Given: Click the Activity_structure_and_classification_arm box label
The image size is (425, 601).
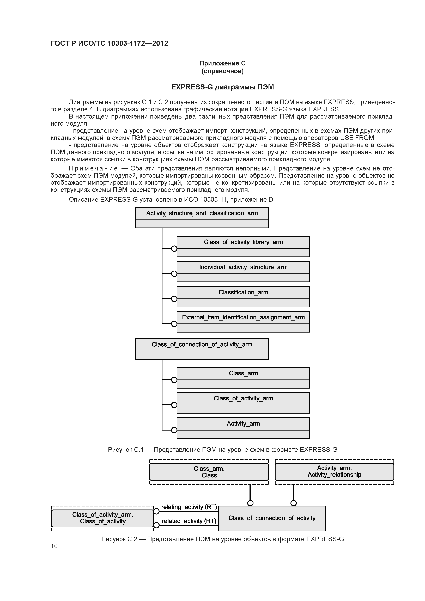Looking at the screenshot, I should [202, 213].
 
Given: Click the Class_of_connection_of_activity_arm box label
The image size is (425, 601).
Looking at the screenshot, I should [202, 345].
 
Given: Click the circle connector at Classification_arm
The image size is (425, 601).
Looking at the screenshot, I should [174, 299].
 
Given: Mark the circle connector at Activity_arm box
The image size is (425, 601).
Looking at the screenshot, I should [174, 430].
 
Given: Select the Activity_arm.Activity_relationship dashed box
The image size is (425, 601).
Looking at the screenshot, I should [334, 471].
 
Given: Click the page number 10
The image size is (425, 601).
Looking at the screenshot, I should [54, 546].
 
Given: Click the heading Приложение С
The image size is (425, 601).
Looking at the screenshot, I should [222, 63].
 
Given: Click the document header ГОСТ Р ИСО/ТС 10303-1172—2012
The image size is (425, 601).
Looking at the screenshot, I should [109, 44].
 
